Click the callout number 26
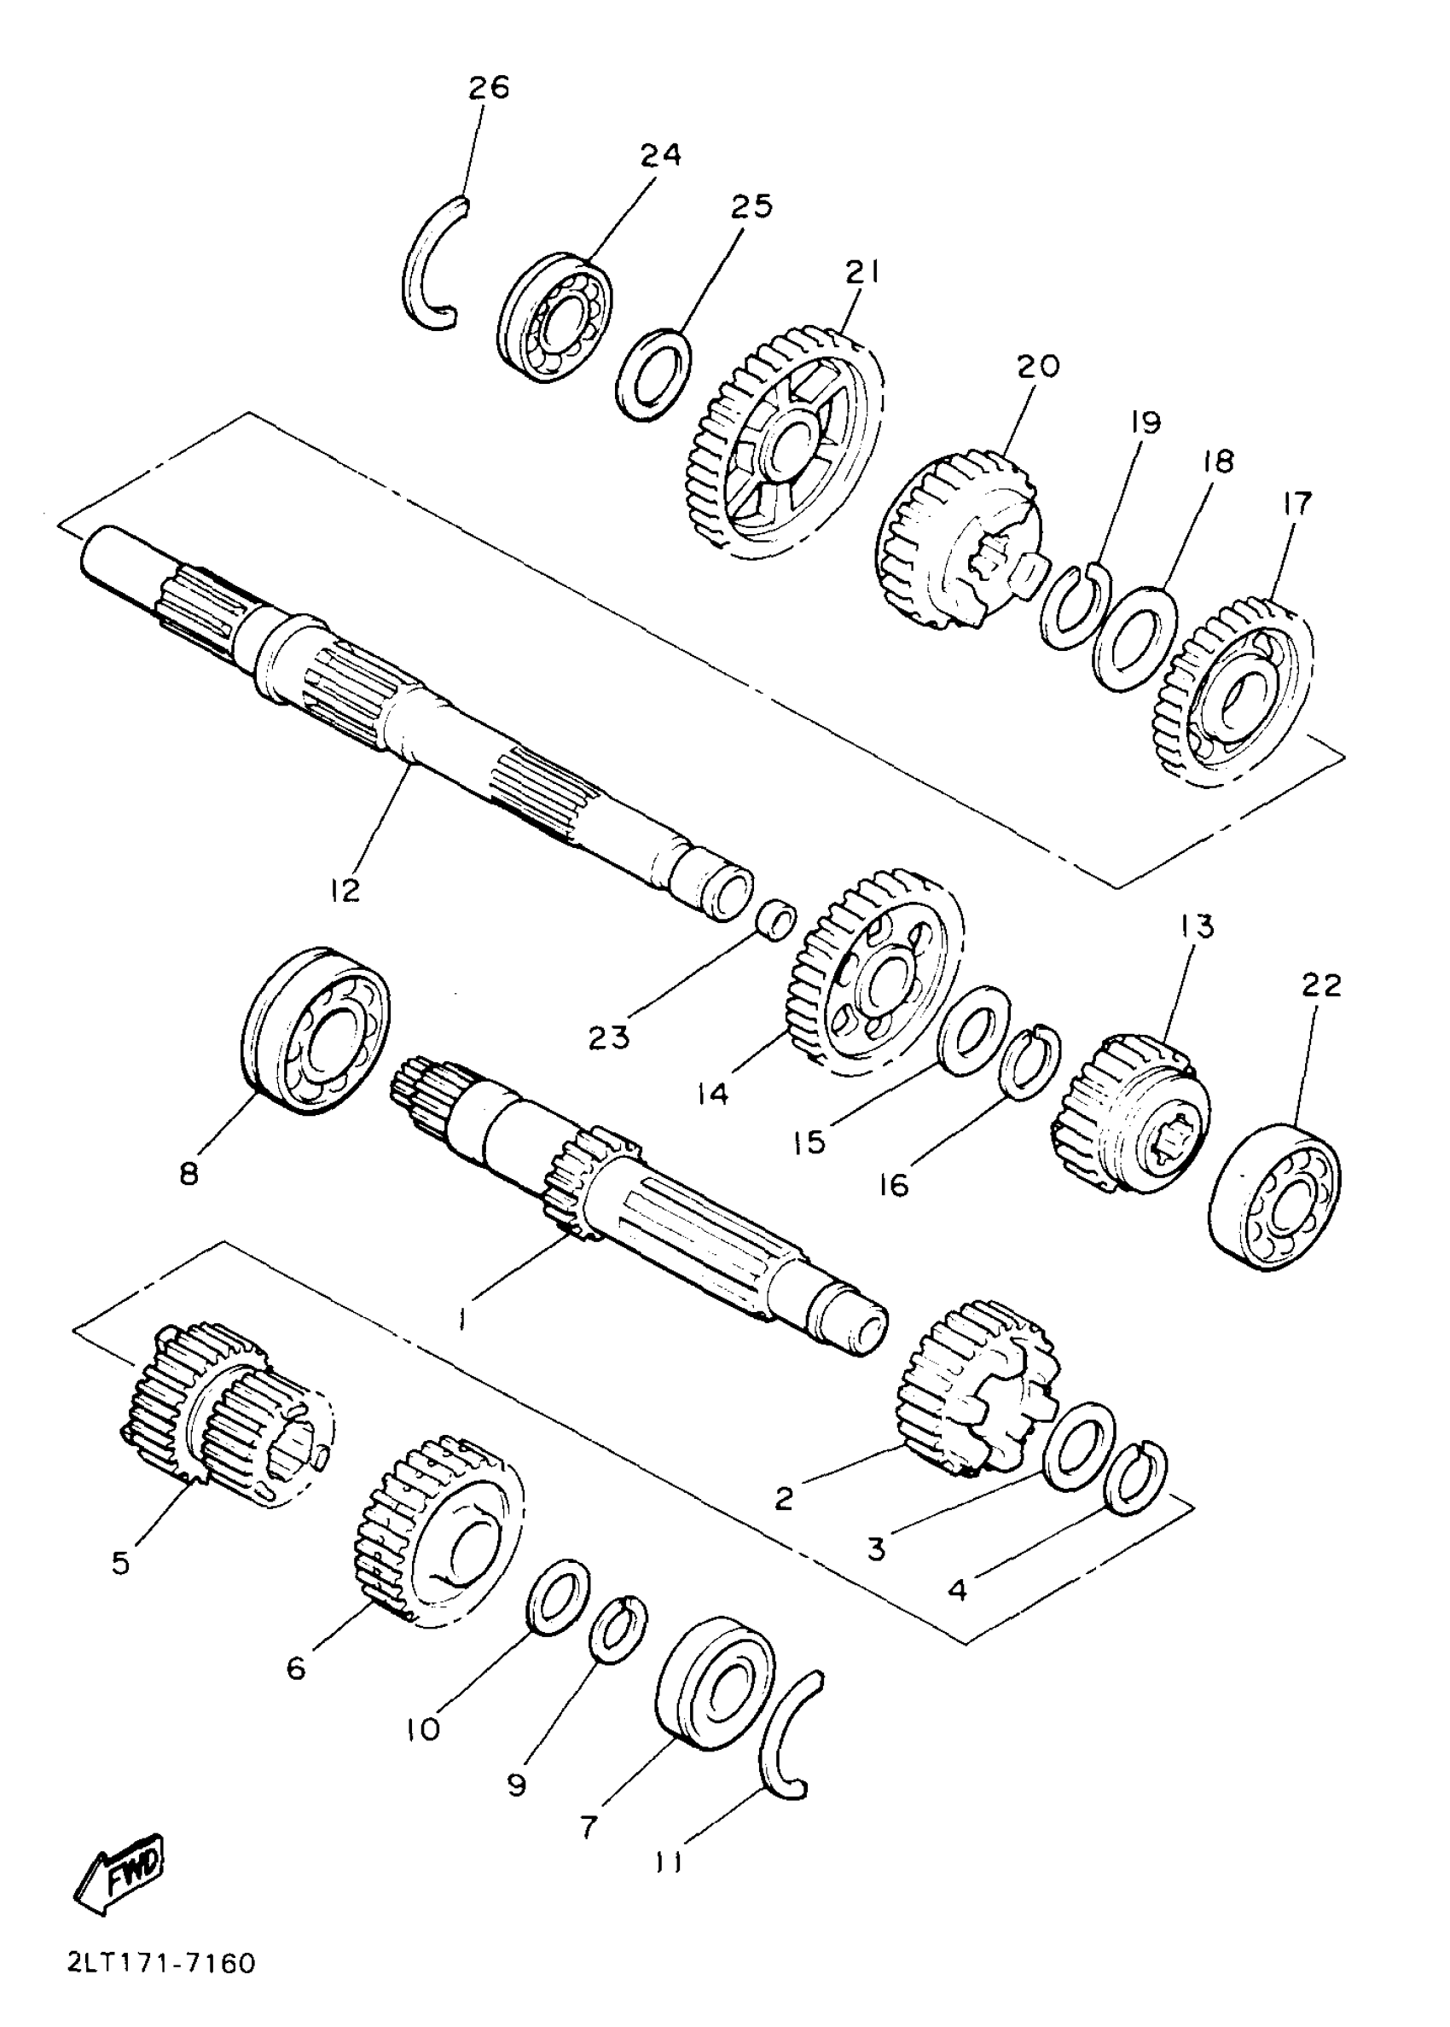coord(489,88)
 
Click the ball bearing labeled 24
coord(554,319)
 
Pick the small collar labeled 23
coord(775,919)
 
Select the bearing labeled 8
coord(316,1031)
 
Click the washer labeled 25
coord(653,375)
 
